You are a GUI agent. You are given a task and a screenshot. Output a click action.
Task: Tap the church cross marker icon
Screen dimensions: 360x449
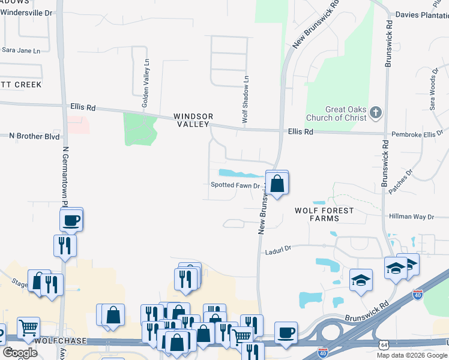click(x=376, y=112)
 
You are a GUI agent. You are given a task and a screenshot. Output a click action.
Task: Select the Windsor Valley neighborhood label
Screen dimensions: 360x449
click(x=193, y=120)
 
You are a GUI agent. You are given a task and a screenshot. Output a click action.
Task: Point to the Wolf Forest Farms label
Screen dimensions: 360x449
click(x=324, y=214)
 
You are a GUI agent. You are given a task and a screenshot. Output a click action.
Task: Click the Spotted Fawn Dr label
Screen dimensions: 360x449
click(x=235, y=185)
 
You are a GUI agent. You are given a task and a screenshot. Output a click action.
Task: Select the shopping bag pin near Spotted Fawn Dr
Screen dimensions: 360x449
click(x=277, y=183)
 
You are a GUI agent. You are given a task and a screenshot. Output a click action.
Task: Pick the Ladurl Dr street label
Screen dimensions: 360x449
click(x=278, y=249)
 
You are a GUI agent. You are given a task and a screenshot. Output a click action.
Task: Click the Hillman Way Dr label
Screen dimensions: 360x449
click(x=411, y=217)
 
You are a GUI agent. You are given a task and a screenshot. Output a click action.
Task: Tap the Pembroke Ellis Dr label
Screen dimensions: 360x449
click(x=417, y=134)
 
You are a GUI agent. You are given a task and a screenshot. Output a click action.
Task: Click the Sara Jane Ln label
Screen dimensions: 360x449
click(x=25, y=50)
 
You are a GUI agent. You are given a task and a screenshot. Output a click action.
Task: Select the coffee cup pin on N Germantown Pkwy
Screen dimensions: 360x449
click(x=71, y=220)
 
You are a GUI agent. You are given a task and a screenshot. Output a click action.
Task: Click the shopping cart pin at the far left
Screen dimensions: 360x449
click(x=28, y=329)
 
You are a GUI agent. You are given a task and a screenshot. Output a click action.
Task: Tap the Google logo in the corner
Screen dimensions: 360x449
click(x=20, y=353)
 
